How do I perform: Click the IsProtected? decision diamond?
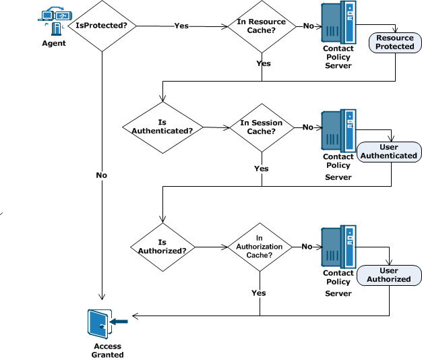pyautogui.click(x=102, y=26)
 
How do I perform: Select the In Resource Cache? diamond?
pyautogui.click(x=262, y=26)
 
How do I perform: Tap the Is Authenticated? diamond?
pyautogui.click(x=162, y=127)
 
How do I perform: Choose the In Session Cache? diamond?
pyautogui.click(x=262, y=127)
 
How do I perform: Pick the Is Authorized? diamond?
pyautogui.click(x=162, y=246)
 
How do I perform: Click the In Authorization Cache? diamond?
pyautogui.click(x=260, y=247)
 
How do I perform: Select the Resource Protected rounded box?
pyautogui.click(x=394, y=42)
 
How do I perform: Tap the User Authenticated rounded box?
pyautogui.click(x=389, y=151)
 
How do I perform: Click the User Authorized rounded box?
pyautogui.click(x=389, y=275)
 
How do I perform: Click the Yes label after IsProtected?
pyautogui.click(x=181, y=26)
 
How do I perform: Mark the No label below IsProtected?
pyautogui.click(x=102, y=175)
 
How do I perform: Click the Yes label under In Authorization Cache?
pyautogui.click(x=259, y=293)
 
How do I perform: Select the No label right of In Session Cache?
pyautogui.click(x=307, y=127)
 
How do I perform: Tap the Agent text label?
pyautogui.click(x=55, y=43)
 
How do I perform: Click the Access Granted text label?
pyautogui.click(x=108, y=351)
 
